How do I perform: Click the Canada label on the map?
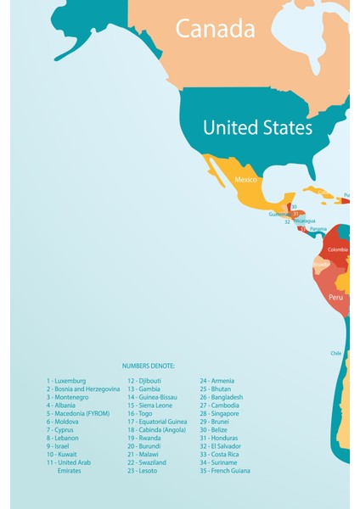215,30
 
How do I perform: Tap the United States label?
257,128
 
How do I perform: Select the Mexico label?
245,180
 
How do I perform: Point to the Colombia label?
338,249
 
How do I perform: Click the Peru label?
336,298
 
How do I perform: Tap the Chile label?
336,353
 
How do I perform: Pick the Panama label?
318,229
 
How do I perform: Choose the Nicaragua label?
304,221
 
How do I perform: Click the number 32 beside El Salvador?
287,222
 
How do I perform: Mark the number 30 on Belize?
294,206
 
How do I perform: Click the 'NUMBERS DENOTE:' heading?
149,366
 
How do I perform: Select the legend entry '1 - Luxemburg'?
66,381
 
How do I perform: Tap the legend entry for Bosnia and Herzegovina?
83,389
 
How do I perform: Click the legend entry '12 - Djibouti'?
146,381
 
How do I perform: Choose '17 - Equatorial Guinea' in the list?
157,422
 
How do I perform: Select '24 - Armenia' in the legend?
217,381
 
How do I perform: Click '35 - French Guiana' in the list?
225,471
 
